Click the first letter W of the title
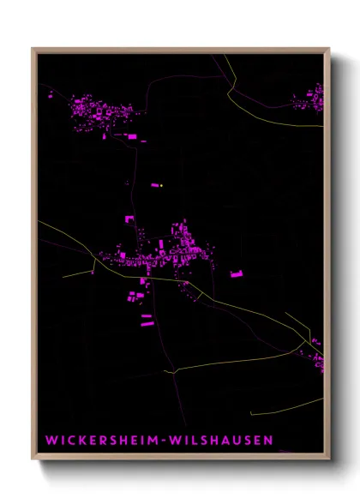click(x=51, y=441)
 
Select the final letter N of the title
click(x=268, y=441)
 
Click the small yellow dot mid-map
click(x=160, y=184)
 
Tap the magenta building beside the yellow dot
click(x=155, y=184)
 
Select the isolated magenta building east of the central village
click(x=237, y=274)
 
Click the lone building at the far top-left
click(x=50, y=96)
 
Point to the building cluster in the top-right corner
click(x=310, y=101)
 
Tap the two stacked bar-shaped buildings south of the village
click(x=147, y=320)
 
